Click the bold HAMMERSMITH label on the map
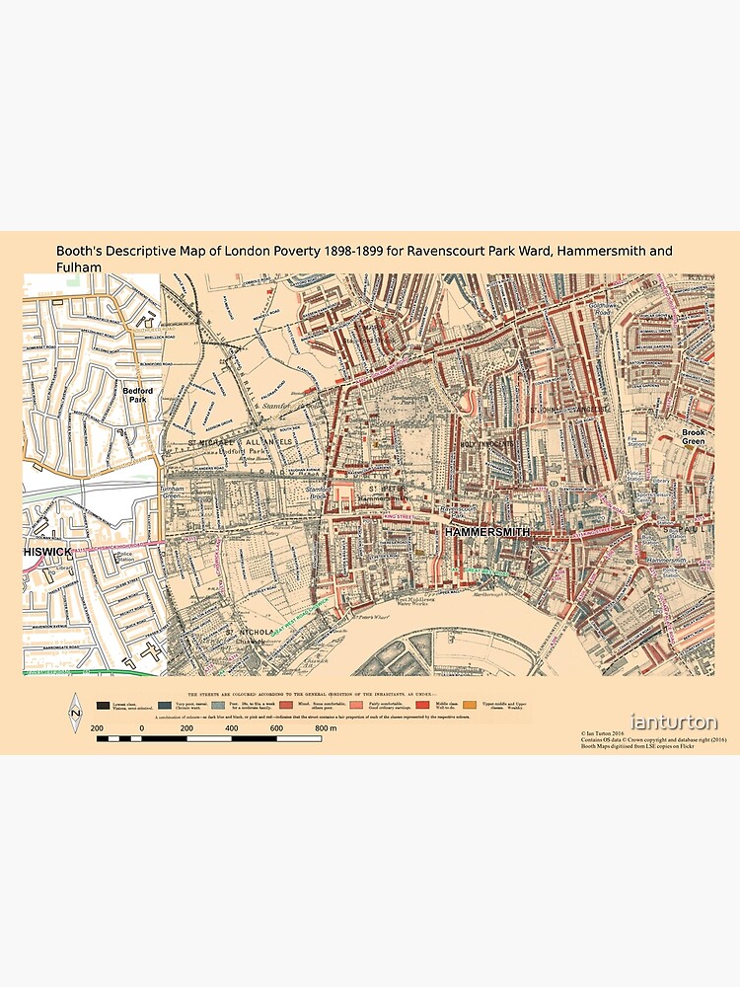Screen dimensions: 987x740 click(x=486, y=532)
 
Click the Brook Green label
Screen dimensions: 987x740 click(x=693, y=436)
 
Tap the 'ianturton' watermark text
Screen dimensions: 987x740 click(x=675, y=722)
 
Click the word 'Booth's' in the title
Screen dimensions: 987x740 click(x=80, y=252)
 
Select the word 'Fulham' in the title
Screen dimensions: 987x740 click(x=79, y=267)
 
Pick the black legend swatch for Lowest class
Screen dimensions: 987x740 click(x=104, y=706)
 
